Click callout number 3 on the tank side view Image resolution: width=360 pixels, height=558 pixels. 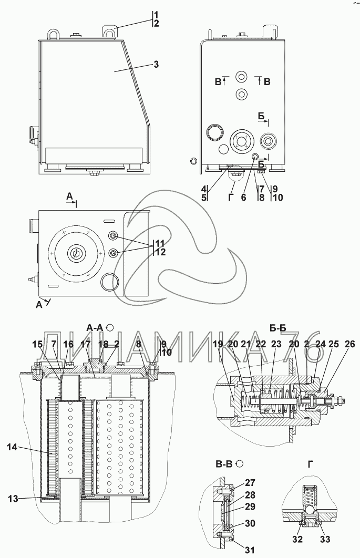click(156, 65)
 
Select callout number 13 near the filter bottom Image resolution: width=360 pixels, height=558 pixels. click(13, 499)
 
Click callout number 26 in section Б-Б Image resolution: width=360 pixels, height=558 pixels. click(350, 344)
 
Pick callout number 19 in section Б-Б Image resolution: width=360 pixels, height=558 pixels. click(218, 344)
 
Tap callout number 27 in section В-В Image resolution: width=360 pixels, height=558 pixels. click(250, 483)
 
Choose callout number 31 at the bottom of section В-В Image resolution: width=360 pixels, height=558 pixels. click(250, 550)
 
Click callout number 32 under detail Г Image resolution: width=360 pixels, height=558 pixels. click(297, 540)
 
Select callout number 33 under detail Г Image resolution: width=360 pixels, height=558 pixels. click(325, 540)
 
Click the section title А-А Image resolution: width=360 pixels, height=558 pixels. click(95, 328)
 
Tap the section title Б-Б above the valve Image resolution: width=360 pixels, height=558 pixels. click(277, 328)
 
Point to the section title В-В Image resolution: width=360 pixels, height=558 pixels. click(224, 464)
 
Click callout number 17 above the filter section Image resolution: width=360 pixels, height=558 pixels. click(86, 344)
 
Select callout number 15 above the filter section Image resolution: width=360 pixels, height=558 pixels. click(37, 344)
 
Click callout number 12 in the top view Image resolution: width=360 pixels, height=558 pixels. click(161, 252)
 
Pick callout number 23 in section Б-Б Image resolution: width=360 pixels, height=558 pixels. click(276, 344)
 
